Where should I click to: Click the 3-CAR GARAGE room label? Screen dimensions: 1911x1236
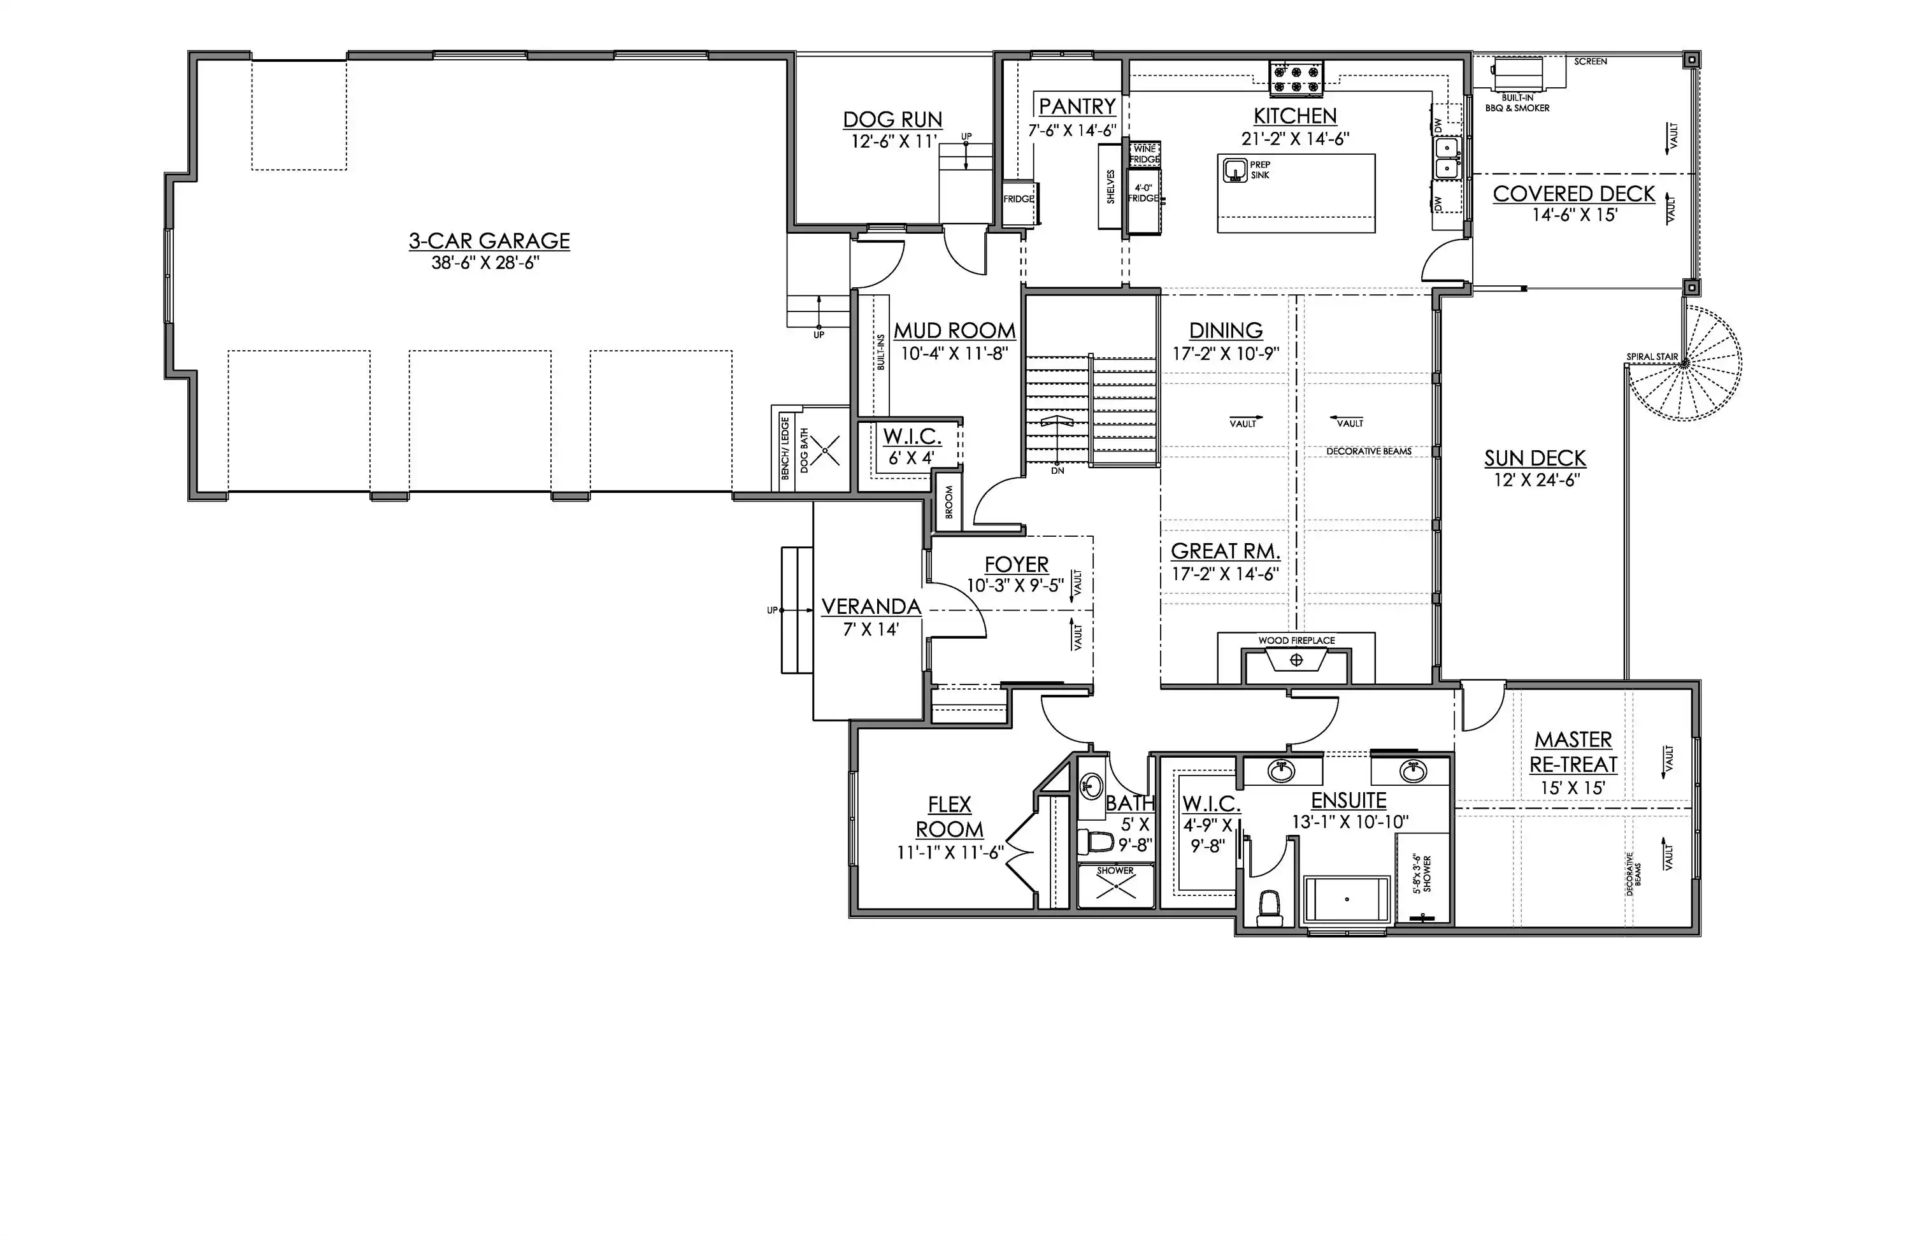pos(489,241)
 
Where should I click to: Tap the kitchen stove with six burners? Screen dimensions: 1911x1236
pos(1296,78)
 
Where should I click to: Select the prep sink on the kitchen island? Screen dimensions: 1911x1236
pos(1234,170)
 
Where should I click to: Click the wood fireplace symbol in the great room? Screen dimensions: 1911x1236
pos(1296,660)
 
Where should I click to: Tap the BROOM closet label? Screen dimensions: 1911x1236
pos(949,502)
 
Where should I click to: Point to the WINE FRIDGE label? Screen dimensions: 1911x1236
pos(1145,154)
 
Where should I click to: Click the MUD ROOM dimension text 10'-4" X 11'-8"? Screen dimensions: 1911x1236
pos(954,353)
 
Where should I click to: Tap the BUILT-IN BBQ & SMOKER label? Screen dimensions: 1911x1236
pos(1517,103)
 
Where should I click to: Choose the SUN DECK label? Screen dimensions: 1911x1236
pos(1535,458)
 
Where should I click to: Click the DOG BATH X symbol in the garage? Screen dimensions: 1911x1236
pos(825,450)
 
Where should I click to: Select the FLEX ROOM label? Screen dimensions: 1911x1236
pos(950,817)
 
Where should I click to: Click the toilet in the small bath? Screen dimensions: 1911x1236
pos(1095,842)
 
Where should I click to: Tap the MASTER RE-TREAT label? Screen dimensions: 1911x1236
pos(1573,752)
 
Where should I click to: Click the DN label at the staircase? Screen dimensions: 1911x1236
pos(1057,471)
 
